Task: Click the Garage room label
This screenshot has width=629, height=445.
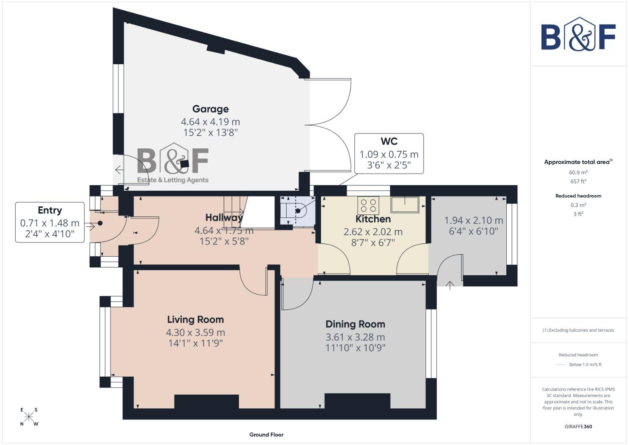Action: (210, 109)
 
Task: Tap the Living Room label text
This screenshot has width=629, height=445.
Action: (195, 320)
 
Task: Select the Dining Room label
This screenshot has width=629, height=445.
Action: (355, 324)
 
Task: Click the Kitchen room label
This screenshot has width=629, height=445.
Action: (373, 219)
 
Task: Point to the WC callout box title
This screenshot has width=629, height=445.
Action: (389, 141)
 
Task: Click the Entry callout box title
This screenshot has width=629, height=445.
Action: (50, 210)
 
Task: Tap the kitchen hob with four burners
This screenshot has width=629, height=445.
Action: (368, 205)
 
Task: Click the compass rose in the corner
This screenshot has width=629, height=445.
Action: (29, 417)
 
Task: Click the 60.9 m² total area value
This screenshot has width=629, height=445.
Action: (578, 173)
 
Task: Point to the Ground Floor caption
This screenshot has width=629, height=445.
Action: (266, 435)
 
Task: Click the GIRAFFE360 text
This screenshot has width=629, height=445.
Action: (578, 426)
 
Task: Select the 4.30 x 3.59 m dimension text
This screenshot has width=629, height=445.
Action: (195, 333)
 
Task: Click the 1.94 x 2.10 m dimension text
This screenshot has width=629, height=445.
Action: (473, 220)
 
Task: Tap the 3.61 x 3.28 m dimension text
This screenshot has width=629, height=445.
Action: (355, 337)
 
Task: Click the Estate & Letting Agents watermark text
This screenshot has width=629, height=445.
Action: (173, 180)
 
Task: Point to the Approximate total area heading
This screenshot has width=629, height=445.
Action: (578, 162)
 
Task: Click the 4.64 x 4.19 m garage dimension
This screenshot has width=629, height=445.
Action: (210, 122)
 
